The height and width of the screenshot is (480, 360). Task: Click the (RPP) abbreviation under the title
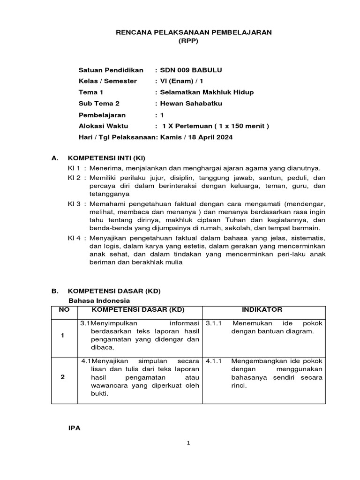tap(189, 41)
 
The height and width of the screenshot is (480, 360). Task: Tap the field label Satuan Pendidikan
tap(111, 70)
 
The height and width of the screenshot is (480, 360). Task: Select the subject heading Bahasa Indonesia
tap(99, 300)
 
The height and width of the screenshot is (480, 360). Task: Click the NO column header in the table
tap(63, 310)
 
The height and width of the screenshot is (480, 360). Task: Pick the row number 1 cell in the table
tap(63, 336)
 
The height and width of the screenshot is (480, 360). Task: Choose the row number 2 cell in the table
tap(63, 378)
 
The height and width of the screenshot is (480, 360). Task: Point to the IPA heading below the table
tap(75, 428)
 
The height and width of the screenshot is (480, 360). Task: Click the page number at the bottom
tap(187, 444)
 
